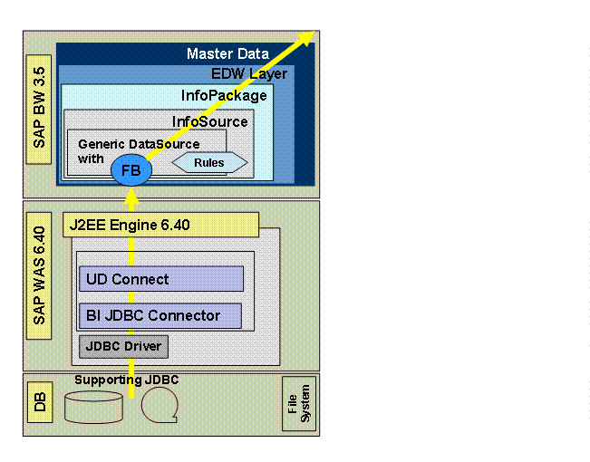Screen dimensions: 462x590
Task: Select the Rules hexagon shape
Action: pyautogui.click(x=209, y=163)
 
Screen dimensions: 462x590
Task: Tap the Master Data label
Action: pyautogui.click(x=227, y=54)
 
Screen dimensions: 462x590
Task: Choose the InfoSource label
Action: pyautogui.click(x=209, y=121)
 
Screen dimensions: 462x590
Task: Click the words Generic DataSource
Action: pyautogui.click(x=126, y=144)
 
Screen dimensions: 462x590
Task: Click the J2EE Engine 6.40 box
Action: pyautogui.click(x=160, y=225)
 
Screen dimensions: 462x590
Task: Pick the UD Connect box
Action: pyautogui.click(x=161, y=279)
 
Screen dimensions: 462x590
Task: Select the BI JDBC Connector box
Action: pyautogui.click(x=160, y=315)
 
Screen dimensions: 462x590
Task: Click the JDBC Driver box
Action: pyautogui.click(x=123, y=345)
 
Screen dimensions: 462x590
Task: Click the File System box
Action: pyautogui.click(x=298, y=403)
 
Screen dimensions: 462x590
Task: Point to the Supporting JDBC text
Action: pyautogui.click(x=126, y=380)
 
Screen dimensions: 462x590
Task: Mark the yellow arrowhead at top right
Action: pyautogui.click(x=306, y=36)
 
